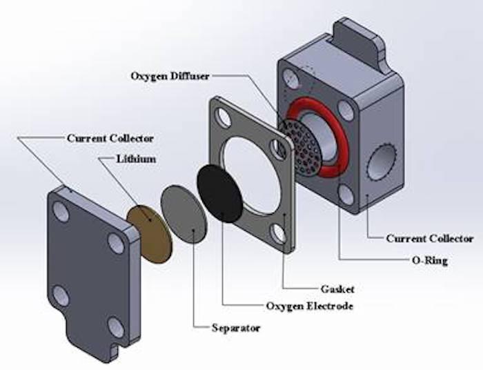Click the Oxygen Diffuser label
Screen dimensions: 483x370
(170, 76)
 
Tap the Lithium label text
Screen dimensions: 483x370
(136, 159)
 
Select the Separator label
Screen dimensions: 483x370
(236, 328)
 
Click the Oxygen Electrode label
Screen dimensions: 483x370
(310, 306)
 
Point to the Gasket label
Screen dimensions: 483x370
(337, 289)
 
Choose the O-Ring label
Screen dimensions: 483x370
(430, 261)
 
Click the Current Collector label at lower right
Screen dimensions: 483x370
(430, 238)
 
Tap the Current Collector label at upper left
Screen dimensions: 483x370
(110, 138)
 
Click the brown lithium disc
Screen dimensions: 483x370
(150, 234)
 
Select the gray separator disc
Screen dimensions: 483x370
(184, 215)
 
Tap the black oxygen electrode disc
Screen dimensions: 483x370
(220, 193)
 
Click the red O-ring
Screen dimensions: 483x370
(318, 137)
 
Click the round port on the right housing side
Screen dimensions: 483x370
(382, 162)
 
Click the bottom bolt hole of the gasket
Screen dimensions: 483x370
(279, 234)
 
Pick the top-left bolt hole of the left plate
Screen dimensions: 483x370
(61, 212)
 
